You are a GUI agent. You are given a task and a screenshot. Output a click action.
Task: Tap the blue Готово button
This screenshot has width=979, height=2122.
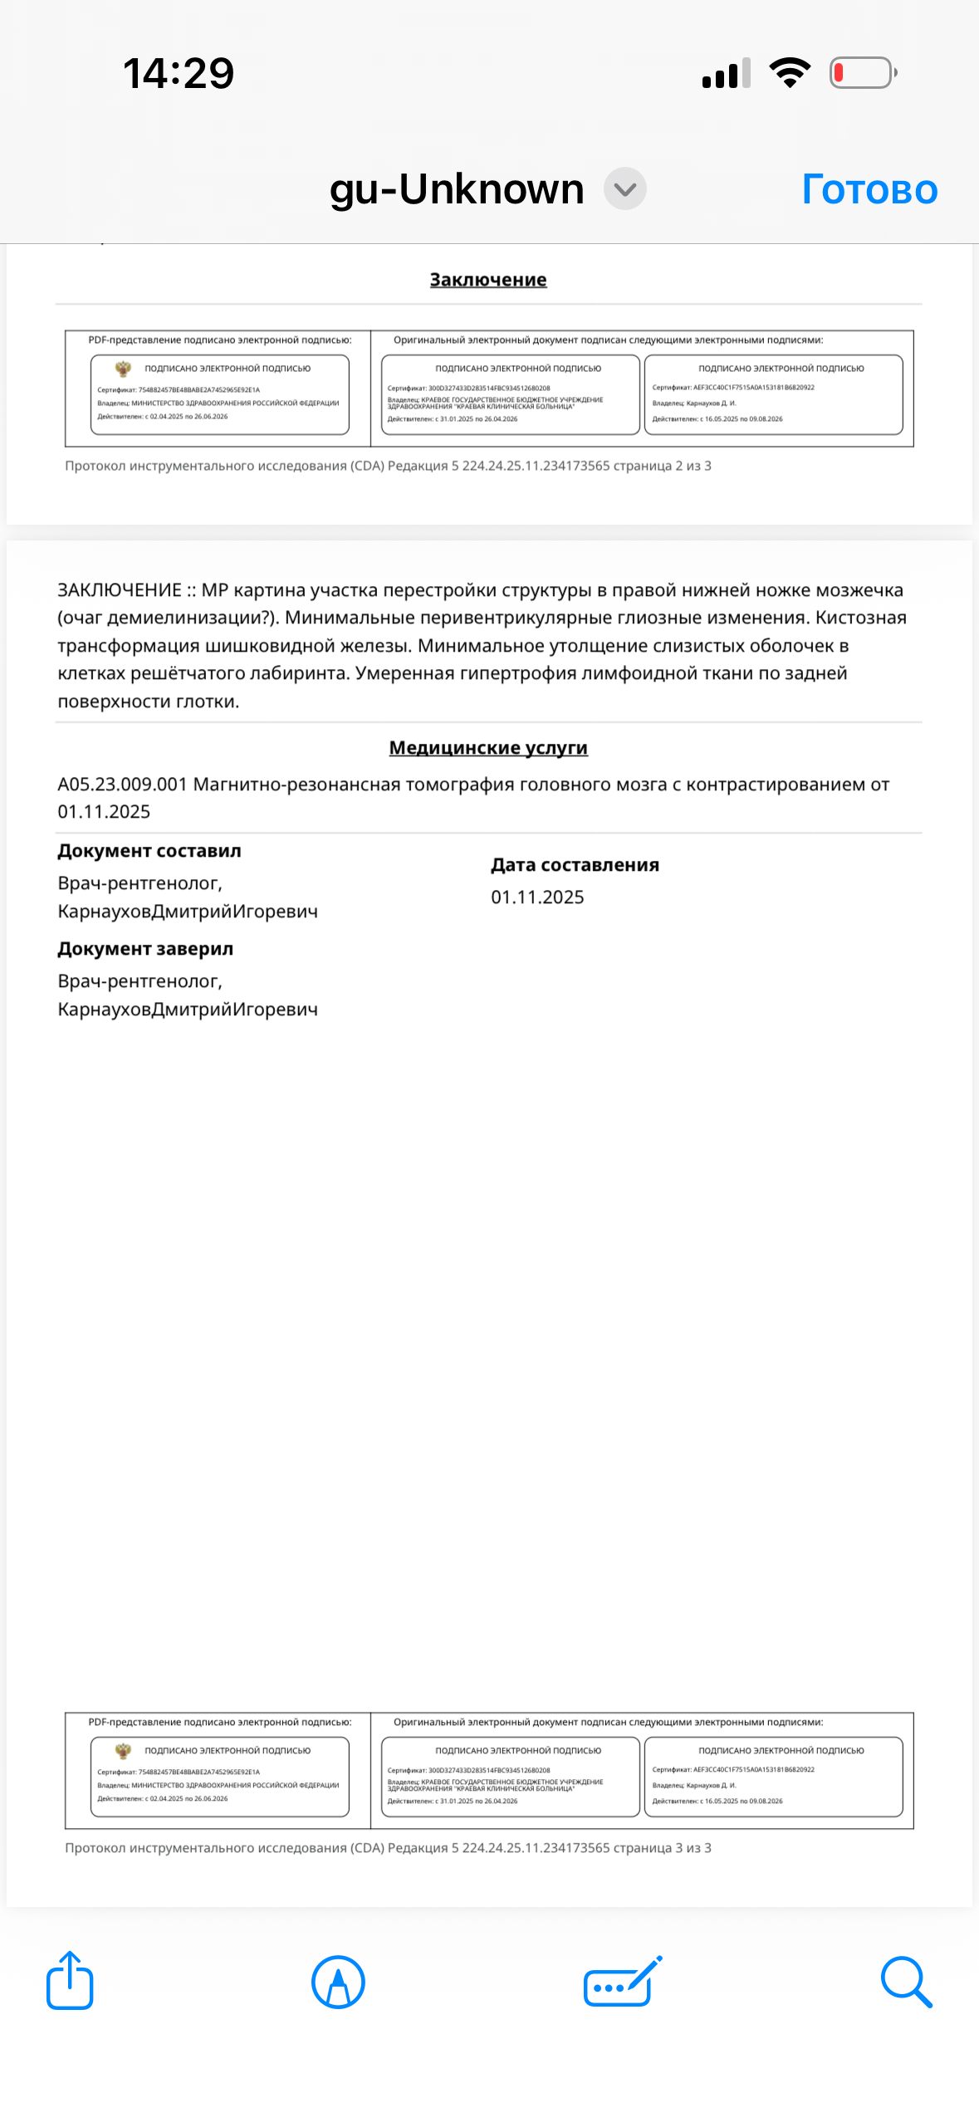(x=869, y=189)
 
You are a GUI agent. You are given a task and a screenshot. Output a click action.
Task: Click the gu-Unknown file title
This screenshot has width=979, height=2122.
(x=457, y=189)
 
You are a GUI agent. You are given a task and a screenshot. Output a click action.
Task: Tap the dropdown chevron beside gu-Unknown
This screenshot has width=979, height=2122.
(x=624, y=189)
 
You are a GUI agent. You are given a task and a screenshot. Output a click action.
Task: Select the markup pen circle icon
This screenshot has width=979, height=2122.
(x=338, y=1982)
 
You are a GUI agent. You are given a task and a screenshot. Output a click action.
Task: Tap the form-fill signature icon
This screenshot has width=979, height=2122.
(x=623, y=1981)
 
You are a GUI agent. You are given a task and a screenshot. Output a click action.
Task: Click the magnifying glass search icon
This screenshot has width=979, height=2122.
(x=906, y=1982)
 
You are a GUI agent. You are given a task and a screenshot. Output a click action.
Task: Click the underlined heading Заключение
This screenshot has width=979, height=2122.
(x=488, y=280)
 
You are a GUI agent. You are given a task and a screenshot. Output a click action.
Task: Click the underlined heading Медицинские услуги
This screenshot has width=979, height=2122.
(x=488, y=748)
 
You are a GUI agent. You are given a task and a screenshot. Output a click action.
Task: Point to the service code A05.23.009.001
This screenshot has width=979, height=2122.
(x=122, y=785)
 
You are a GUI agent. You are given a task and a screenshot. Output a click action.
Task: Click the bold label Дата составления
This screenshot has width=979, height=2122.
(x=575, y=865)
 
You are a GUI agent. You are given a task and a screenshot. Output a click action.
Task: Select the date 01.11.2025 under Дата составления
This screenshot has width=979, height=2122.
(x=537, y=897)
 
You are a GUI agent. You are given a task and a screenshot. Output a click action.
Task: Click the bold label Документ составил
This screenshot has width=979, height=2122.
(x=149, y=851)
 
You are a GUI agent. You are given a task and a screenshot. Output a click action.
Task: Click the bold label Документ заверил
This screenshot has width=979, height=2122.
(x=145, y=949)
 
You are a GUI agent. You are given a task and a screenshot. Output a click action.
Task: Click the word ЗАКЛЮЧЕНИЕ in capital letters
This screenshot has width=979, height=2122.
(x=120, y=590)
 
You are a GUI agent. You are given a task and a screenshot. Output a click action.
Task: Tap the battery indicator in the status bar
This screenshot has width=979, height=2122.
(x=863, y=73)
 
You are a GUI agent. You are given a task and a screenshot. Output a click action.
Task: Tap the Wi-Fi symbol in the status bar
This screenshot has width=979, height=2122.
(x=790, y=73)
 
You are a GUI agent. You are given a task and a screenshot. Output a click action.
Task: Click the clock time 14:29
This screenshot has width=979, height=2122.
(x=179, y=73)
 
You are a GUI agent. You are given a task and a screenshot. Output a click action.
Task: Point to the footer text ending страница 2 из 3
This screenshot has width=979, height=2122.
(x=388, y=466)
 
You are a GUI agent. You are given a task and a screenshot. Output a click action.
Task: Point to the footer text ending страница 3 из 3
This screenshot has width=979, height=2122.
(x=388, y=1848)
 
